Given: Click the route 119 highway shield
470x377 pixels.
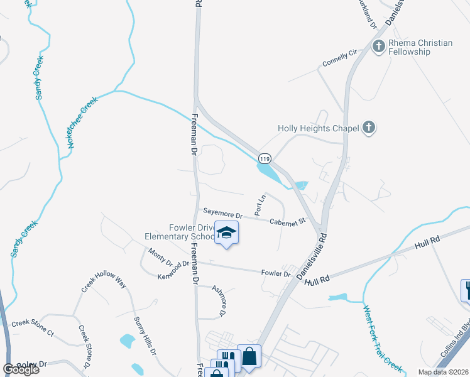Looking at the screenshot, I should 265,159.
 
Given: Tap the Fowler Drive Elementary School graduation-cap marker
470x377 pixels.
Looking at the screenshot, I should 226,234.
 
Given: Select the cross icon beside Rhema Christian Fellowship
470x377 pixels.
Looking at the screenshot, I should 379,46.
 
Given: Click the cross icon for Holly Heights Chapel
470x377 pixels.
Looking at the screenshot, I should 369,128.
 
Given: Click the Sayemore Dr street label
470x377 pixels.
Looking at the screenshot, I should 221,214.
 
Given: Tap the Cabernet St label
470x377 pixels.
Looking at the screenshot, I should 287,221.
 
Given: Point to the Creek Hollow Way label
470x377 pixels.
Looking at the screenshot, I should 104,284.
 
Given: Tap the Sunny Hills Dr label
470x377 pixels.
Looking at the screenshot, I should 144,337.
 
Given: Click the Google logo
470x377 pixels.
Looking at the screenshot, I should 21,369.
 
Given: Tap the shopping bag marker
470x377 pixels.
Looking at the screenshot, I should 249,356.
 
